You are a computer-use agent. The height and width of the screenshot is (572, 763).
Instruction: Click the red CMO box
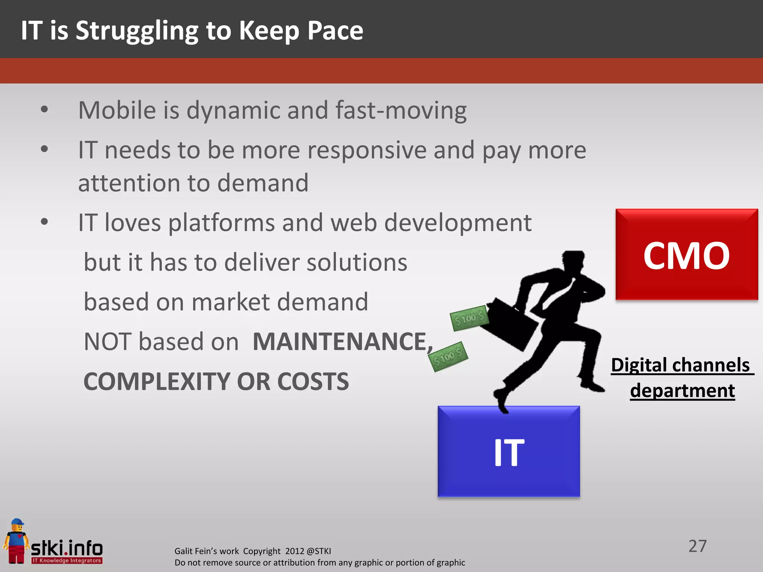(x=686, y=255)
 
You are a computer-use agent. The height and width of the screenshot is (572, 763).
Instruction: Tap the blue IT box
(x=509, y=451)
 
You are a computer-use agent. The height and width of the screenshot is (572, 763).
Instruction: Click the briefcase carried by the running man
(x=512, y=324)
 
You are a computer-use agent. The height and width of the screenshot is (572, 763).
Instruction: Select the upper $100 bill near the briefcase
(x=469, y=318)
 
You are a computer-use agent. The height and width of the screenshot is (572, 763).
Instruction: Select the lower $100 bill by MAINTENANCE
(x=448, y=357)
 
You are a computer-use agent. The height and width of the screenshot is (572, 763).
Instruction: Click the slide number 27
(x=697, y=546)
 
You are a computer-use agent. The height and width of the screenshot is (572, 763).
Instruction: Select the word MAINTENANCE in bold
(x=340, y=341)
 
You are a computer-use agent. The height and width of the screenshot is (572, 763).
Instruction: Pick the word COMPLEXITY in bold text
(x=156, y=381)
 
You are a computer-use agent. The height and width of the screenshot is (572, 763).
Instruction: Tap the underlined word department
(x=682, y=390)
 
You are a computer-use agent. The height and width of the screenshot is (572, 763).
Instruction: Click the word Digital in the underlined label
(x=638, y=365)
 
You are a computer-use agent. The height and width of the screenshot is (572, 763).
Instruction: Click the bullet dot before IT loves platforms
(x=44, y=222)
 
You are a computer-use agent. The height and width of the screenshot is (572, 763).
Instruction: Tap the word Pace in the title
(x=335, y=31)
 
